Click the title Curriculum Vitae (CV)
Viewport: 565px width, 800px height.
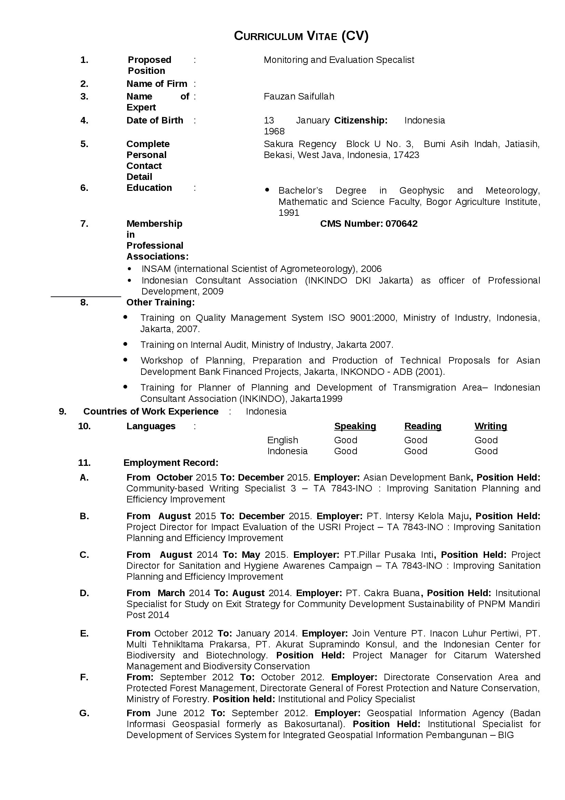[301, 36]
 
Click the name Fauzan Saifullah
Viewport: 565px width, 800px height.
[299, 96]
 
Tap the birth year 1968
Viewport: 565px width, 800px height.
[274, 131]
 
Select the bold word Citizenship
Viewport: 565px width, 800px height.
[361, 120]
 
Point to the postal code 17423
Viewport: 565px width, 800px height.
[406, 155]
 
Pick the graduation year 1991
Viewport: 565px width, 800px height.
[288, 213]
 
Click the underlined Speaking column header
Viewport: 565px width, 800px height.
[355, 426]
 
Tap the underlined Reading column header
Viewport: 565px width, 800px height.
[422, 426]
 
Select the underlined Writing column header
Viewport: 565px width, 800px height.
[490, 426]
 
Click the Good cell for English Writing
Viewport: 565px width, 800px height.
[486, 440]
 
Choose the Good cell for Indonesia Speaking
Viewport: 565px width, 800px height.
[345, 451]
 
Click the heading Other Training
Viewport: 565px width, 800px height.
[161, 302]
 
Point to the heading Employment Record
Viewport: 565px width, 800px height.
[171, 463]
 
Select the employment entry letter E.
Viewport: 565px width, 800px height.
[84, 633]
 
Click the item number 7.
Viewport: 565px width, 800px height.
[84, 224]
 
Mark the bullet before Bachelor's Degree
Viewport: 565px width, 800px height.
[267, 190]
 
